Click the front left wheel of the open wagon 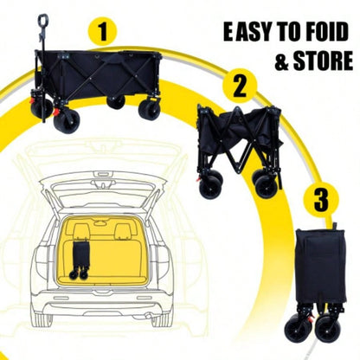pyautogui.click(x=65, y=119)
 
